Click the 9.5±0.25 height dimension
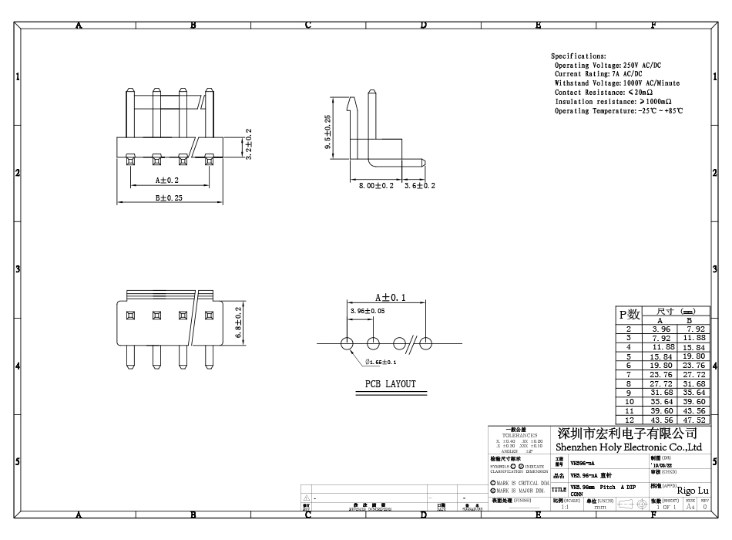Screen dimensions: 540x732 (x=327, y=131)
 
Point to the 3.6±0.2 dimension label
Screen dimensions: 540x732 (x=420, y=186)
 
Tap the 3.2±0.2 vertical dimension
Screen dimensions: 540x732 (x=248, y=144)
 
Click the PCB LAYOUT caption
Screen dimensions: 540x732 (x=390, y=384)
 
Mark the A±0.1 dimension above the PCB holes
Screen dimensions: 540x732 (x=390, y=297)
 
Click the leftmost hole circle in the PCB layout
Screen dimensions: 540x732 (x=348, y=343)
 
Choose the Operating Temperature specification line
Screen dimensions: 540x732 (x=619, y=111)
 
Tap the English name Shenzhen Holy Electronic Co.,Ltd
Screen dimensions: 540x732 (x=628, y=447)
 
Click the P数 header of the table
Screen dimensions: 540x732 (x=630, y=314)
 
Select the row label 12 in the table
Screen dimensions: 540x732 (x=629, y=420)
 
